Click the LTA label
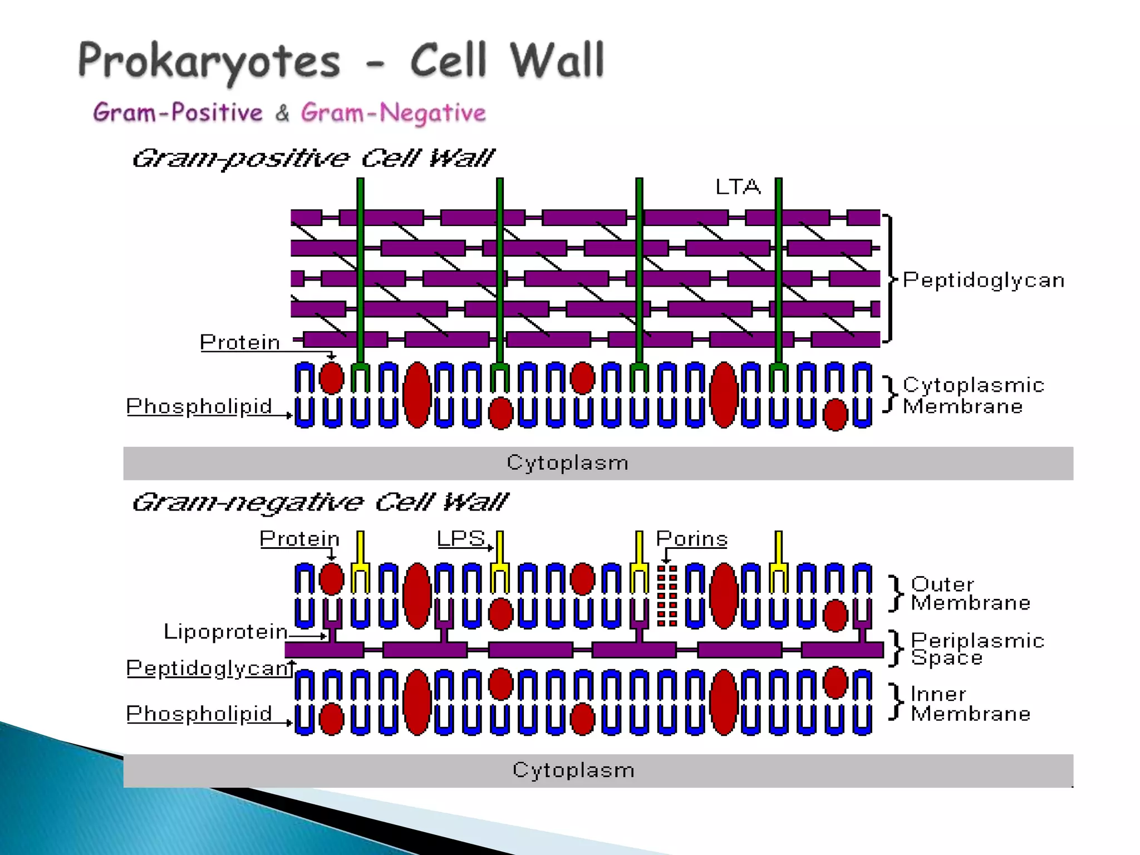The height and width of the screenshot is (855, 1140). click(738, 187)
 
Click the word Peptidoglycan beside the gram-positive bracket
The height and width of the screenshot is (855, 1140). click(984, 280)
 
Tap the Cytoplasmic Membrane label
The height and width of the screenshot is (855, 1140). click(972, 396)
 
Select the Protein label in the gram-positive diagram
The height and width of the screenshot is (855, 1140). click(240, 342)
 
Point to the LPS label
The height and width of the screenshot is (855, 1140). click(461, 538)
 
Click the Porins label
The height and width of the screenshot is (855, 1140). click(691, 539)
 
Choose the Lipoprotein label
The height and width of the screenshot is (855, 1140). click(225, 632)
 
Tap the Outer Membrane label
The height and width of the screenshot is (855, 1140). click(970, 593)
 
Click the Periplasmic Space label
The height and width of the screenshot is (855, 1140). click(977, 649)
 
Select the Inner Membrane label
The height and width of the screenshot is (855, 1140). click(970, 704)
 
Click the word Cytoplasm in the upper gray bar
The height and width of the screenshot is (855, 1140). click(567, 463)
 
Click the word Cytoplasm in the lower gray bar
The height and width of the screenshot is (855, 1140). click(573, 770)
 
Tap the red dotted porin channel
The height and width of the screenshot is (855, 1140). click(667, 596)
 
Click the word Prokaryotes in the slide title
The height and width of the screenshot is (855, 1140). click(209, 61)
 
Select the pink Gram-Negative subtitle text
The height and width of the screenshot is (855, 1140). click(393, 113)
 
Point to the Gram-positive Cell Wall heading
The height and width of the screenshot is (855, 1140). click(312, 159)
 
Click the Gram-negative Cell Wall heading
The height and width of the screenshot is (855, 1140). click(320, 503)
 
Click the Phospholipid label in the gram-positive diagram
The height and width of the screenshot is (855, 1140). click(199, 406)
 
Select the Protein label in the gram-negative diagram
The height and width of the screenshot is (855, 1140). click(299, 539)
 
